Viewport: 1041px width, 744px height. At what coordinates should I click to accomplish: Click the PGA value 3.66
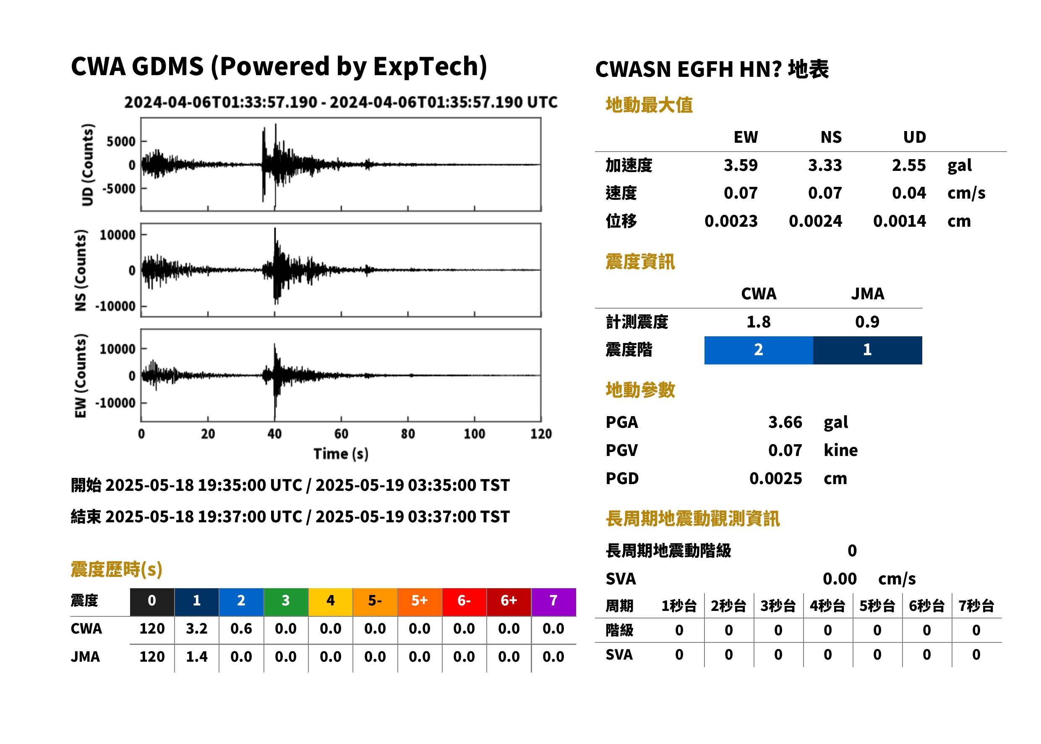pyautogui.click(x=785, y=422)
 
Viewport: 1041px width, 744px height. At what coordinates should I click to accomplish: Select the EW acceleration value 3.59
pyautogui.click(x=740, y=165)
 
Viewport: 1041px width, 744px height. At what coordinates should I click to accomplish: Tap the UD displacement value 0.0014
pyautogui.click(x=899, y=221)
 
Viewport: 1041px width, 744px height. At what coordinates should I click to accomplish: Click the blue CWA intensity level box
pyautogui.click(x=758, y=350)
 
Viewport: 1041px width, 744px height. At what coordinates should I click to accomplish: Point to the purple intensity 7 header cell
pyautogui.click(x=553, y=602)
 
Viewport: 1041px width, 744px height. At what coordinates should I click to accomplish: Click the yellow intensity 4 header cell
pyautogui.click(x=331, y=602)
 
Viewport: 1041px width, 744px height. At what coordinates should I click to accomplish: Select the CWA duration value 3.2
pyautogui.click(x=197, y=629)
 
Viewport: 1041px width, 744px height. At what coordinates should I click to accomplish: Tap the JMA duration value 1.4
pyautogui.click(x=197, y=657)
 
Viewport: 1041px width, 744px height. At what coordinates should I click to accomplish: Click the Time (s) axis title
pyautogui.click(x=341, y=453)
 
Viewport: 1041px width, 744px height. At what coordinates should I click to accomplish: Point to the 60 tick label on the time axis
pyautogui.click(x=341, y=434)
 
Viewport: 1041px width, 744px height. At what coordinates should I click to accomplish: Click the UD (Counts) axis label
pyautogui.click(x=87, y=165)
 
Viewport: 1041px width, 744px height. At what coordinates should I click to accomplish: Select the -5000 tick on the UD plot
pyautogui.click(x=119, y=189)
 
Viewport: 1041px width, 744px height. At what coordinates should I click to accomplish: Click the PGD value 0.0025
pyautogui.click(x=775, y=478)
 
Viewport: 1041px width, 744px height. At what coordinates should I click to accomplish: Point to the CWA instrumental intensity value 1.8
pyautogui.click(x=758, y=322)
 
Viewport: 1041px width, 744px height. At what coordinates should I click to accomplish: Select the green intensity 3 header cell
pyautogui.click(x=286, y=602)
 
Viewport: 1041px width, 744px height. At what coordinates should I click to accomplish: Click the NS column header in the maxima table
pyautogui.click(x=831, y=137)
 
